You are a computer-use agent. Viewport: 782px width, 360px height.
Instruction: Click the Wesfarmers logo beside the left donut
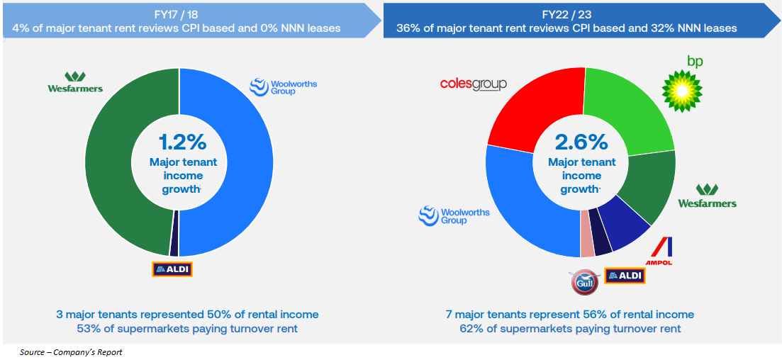74,82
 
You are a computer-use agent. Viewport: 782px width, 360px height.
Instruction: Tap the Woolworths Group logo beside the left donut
283,87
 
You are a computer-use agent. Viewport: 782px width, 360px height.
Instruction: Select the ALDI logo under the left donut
172,269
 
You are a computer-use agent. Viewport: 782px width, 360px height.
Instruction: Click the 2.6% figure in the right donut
581,142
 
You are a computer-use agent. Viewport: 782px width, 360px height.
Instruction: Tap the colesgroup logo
473,84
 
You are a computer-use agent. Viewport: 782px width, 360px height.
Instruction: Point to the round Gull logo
586,281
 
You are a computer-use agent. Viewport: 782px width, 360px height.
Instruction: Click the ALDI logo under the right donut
625,276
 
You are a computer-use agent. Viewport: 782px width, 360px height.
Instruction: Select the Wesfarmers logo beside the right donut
707,196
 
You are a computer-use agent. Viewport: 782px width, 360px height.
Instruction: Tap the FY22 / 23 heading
571,15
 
